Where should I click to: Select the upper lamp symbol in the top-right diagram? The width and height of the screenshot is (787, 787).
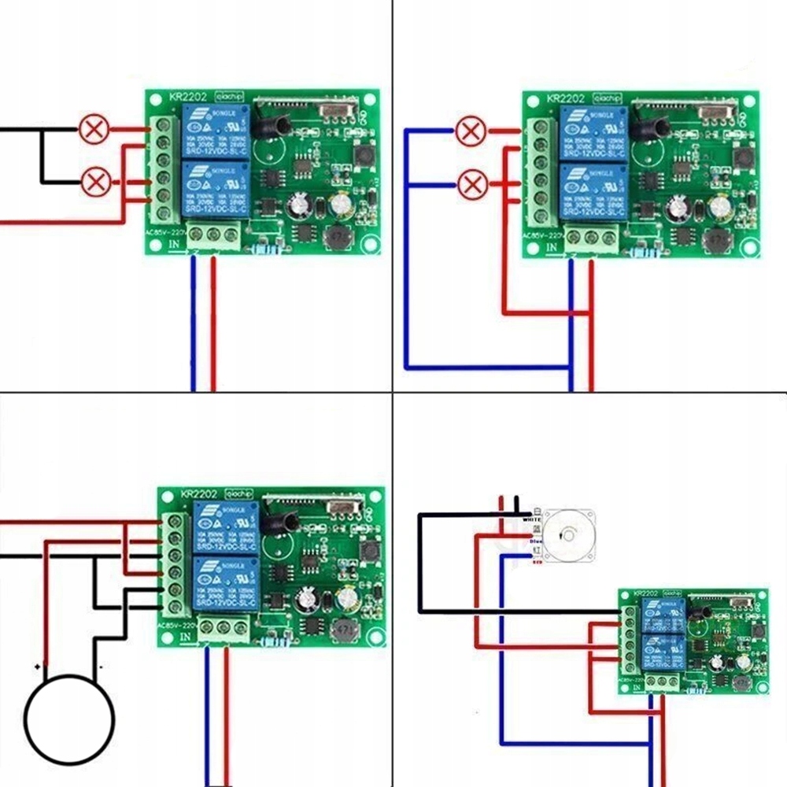pos(472,131)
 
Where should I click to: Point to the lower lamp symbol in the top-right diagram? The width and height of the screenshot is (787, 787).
pos(472,185)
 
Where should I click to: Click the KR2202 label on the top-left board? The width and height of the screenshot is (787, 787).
pos(187,98)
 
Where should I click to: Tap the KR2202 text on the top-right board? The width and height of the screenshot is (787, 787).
pos(565,100)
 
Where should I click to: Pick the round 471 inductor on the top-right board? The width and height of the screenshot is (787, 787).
pos(716,239)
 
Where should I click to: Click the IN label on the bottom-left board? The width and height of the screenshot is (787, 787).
pos(187,637)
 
